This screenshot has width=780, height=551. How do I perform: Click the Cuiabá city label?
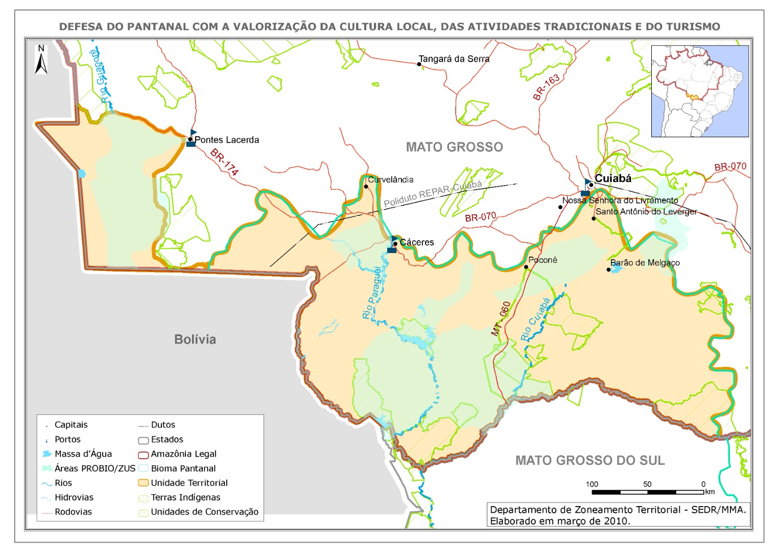click(x=613, y=179)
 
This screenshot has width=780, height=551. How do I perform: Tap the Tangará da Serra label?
click(x=454, y=59)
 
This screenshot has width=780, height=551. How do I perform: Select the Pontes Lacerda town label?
click(x=226, y=140)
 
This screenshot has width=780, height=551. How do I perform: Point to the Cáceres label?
click(x=416, y=242)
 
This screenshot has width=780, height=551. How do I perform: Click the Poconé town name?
click(x=542, y=260)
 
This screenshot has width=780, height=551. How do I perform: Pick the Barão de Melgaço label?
click(x=645, y=263)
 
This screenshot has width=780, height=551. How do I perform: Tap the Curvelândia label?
click(x=391, y=180)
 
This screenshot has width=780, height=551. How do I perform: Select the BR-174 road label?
click(x=224, y=162)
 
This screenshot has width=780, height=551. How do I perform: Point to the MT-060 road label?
click(x=501, y=319)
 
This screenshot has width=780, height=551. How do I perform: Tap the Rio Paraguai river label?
click(x=372, y=293)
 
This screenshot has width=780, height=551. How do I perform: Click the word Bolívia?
click(x=195, y=339)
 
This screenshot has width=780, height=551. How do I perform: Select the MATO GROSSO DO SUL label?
click(x=589, y=461)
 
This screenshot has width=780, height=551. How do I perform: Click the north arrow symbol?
click(x=41, y=60)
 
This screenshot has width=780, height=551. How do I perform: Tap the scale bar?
click(x=647, y=492)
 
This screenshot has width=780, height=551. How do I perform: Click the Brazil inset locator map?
click(x=699, y=91)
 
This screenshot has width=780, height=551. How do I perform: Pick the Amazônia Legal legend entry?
click(x=183, y=454)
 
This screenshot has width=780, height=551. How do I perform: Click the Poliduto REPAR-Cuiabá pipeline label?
click(x=433, y=194)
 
